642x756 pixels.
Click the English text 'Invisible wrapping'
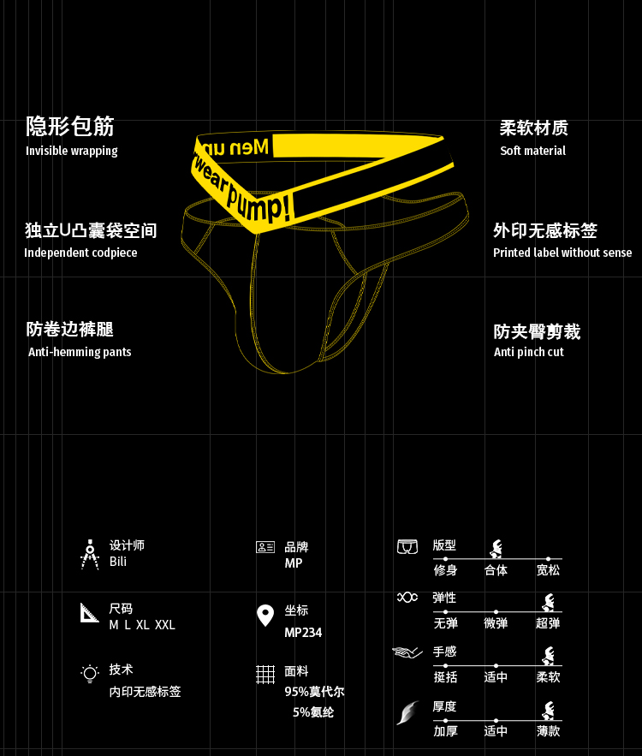(72, 152)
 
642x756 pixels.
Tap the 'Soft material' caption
(532, 152)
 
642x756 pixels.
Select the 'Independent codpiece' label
(80, 253)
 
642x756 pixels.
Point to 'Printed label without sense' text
(562, 253)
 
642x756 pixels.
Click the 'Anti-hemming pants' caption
(80, 352)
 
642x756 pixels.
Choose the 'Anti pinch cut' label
(529, 352)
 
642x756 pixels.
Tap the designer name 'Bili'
(118, 563)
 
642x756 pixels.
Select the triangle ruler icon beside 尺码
(90, 613)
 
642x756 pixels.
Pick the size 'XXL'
(165, 626)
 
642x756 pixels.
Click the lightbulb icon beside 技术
(90, 674)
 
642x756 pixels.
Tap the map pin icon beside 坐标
(265, 616)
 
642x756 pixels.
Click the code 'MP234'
(303, 634)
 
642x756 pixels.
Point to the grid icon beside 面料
(265, 675)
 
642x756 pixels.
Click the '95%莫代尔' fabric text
(314, 693)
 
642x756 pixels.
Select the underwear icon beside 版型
(407, 546)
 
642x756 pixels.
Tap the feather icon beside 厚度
(407, 712)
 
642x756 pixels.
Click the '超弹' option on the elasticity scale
(548, 624)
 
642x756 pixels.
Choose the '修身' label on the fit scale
(445, 571)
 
